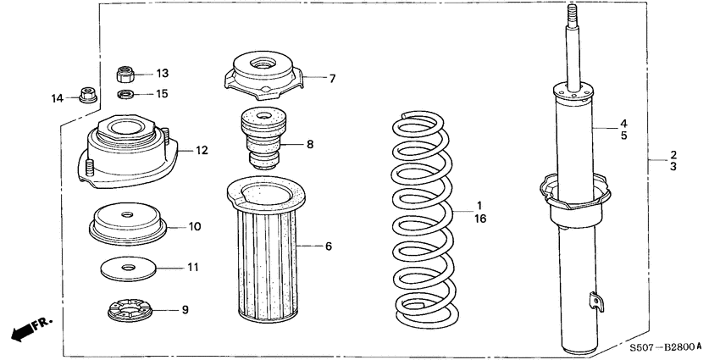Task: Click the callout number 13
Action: coord(162,73)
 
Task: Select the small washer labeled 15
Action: coord(125,93)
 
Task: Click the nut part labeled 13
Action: coord(125,74)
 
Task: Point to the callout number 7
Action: coord(332,79)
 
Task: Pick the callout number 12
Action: coord(202,152)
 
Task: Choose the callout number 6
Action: coord(329,246)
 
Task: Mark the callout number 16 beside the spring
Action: coord(480,219)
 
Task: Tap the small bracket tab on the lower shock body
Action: coord(596,298)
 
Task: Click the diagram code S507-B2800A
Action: coord(665,347)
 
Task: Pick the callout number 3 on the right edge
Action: coord(673,168)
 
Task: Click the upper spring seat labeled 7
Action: coord(263,74)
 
